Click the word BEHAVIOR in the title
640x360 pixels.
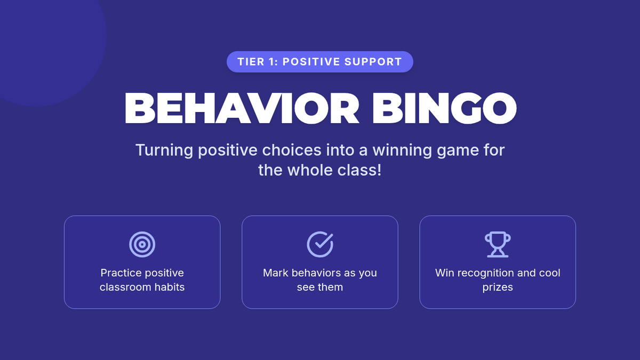click(x=242, y=108)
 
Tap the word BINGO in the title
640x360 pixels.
click(x=444, y=108)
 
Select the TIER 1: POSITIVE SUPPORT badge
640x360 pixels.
click(x=319, y=62)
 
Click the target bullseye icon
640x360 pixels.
click(x=142, y=244)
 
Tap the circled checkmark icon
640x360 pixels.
click(x=320, y=244)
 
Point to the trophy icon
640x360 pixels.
click(x=498, y=244)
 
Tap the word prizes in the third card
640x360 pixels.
click(x=498, y=287)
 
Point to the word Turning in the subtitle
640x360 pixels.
click(x=164, y=150)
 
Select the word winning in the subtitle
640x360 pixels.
click(x=402, y=150)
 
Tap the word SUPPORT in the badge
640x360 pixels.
click(x=373, y=62)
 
